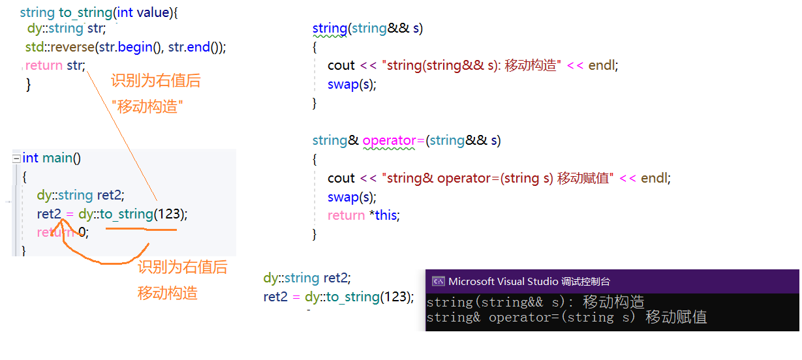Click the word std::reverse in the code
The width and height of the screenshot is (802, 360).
coord(60,47)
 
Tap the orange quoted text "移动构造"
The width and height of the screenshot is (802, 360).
coord(147,107)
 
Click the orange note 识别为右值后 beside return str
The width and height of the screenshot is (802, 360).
coord(156,80)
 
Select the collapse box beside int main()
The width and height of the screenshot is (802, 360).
coord(16,158)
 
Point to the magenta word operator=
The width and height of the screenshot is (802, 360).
coord(393,140)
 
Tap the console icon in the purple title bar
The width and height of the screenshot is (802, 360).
coord(439,281)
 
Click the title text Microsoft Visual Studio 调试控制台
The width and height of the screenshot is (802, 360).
coord(529,282)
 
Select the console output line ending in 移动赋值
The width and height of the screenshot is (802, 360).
coord(567,318)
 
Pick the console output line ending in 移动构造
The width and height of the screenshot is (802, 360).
coord(535,302)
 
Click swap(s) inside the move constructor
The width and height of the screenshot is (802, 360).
coord(351,84)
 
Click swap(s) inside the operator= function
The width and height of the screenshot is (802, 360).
coord(351,197)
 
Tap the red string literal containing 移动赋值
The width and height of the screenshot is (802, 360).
coord(498,178)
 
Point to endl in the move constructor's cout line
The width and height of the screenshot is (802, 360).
coord(602,65)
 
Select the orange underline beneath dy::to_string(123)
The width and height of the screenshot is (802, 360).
coord(141,229)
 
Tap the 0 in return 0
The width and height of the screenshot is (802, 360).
coord(82,232)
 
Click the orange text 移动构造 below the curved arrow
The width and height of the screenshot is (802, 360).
coord(168,293)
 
